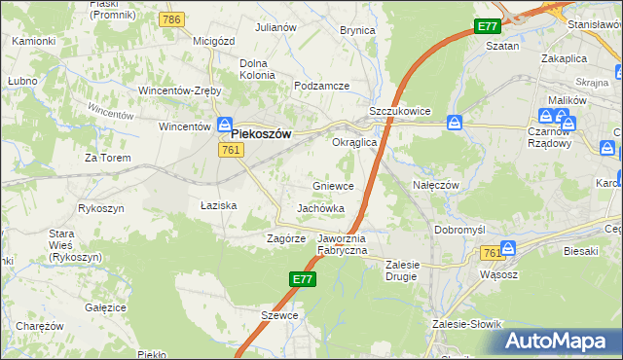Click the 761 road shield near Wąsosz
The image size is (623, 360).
[491, 252]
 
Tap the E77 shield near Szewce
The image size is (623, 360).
[302, 279]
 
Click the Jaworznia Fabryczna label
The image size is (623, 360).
[342, 244]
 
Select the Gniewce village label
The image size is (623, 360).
[333, 186]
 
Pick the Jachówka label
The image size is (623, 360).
[321, 209]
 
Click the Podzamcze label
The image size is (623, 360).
[321, 86]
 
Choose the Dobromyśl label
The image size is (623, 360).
[459, 229]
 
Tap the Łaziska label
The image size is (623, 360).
[219, 206]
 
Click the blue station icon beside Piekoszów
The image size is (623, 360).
[225, 126]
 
